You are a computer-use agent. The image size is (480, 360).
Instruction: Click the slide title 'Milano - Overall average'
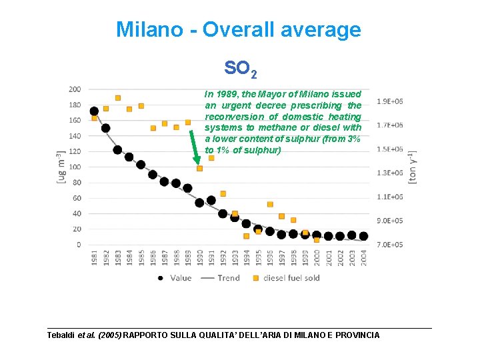[239, 30]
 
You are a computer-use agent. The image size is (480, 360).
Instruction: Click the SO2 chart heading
[240, 68]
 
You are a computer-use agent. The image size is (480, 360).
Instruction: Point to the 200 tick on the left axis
[75, 89]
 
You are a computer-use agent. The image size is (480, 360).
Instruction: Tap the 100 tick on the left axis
[75, 167]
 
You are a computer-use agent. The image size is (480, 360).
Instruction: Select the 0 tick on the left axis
[79, 245]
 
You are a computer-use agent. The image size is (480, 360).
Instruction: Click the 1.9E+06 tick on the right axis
[389, 101]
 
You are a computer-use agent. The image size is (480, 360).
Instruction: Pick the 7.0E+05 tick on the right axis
[389, 245]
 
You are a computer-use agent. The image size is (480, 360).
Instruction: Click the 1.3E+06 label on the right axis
[389, 173]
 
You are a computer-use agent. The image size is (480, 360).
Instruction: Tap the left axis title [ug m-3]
[61, 167]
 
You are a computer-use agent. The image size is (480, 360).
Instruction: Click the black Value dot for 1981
[94, 111]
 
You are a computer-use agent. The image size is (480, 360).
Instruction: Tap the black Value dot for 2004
[363, 236]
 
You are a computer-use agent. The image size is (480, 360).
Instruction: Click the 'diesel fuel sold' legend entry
[291, 278]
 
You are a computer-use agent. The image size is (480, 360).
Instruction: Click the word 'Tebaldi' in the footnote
[62, 335]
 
